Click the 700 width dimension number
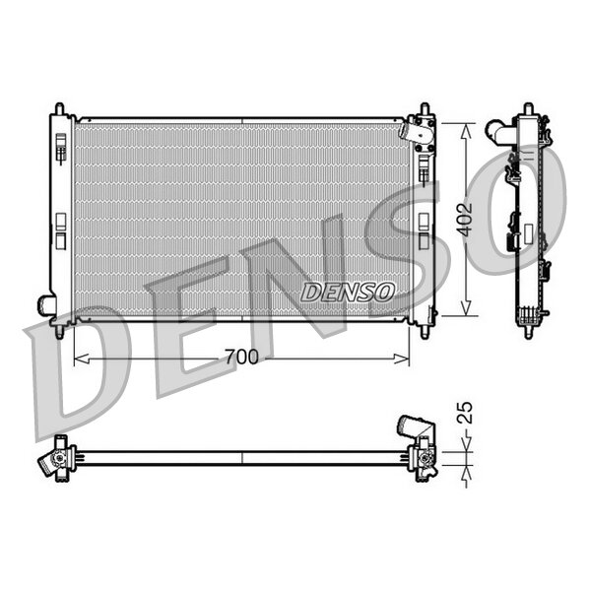tap(242, 357)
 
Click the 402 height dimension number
tap(465, 220)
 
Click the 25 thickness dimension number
tap(466, 413)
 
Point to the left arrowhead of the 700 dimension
tap(82, 359)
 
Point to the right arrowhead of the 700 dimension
tap(402, 359)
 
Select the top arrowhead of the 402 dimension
tap(466, 131)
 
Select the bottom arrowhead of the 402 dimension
tap(466, 307)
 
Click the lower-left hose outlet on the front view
tap(46, 305)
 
